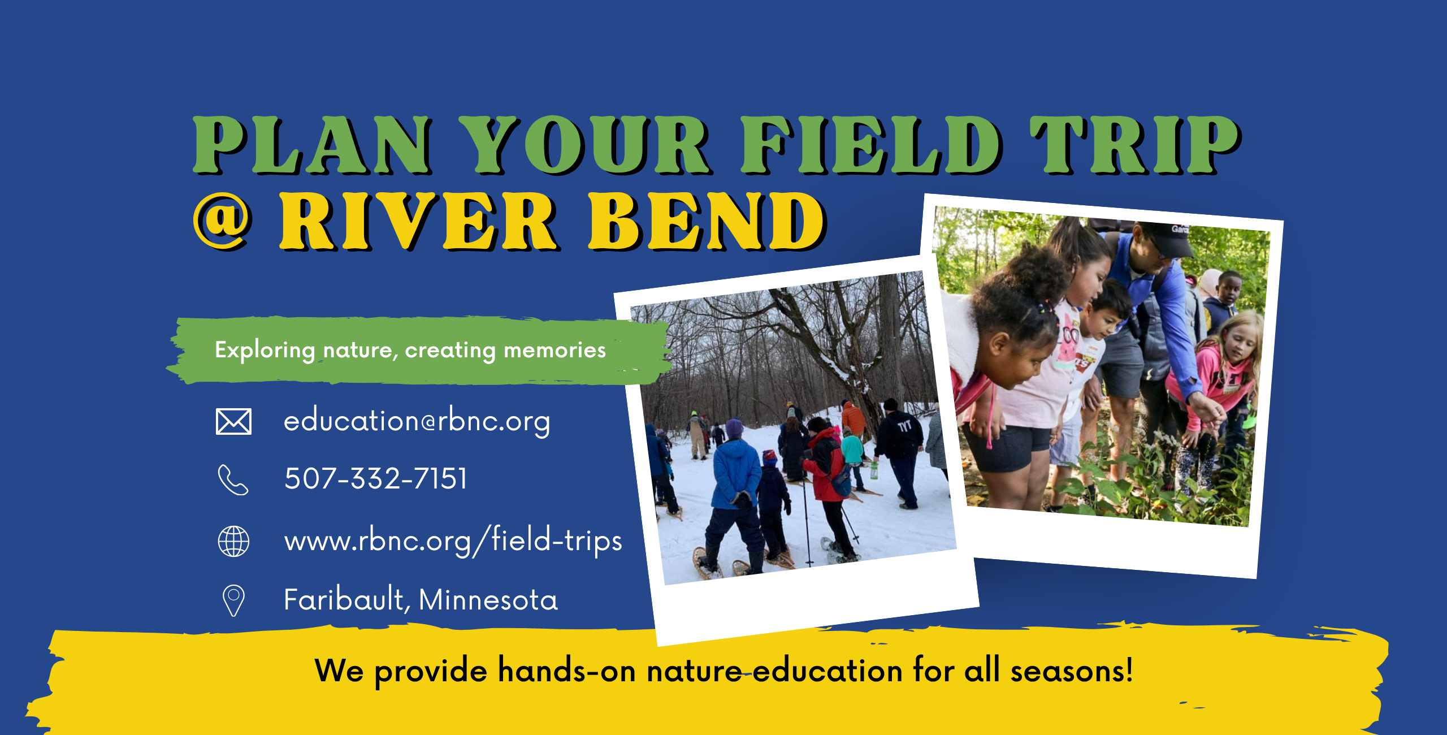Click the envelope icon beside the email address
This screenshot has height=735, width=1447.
click(x=233, y=421)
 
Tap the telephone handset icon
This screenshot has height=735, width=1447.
click(x=233, y=480)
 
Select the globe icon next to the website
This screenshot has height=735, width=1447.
click(x=233, y=541)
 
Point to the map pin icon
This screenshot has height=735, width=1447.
click(x=233, y=600)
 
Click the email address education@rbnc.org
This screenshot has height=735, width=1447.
click(x=417, y=421)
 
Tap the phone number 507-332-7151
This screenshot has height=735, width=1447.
click(x=376, y=479)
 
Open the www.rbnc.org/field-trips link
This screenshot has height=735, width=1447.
click(x=453, y=541)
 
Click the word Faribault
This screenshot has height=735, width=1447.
click(x=344, y=599)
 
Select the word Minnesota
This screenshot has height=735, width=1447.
click(x=488, y=600)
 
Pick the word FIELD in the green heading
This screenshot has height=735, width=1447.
click(x=871, y=145)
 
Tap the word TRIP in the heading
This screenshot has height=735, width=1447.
click(x=1135, y=145)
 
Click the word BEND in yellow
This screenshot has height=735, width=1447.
click(x=707, y=221)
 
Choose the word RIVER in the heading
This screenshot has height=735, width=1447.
click(x=419, y=221)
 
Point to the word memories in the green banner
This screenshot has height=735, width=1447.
click(x=554, y=351)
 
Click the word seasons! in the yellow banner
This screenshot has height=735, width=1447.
click(x=1072, y=671)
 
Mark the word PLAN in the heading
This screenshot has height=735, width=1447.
click(x=312, y=145)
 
